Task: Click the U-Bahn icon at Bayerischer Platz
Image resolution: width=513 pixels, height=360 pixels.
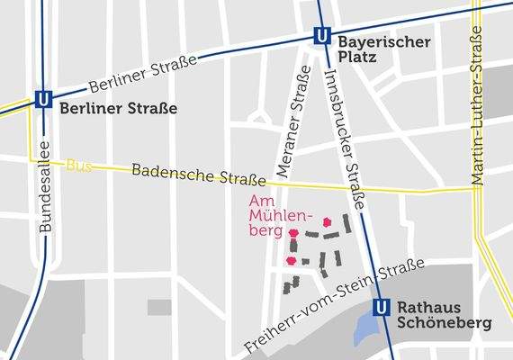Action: pos(320,37)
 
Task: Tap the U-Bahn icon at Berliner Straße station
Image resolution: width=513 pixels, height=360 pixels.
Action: pos(41,100)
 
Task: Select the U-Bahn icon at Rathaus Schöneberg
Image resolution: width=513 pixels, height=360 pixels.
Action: pos(382,307)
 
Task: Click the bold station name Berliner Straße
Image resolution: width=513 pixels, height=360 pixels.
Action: pos(118,109)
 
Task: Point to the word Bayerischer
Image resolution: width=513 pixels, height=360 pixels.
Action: pos(385,42)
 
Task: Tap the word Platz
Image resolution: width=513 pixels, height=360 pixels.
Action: pos(357,59)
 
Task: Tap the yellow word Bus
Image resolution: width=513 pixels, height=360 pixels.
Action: pos(79,166)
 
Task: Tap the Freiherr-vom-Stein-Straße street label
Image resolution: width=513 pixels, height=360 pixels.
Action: pos(334,306)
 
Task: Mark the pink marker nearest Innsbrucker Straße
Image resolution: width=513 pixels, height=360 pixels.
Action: pos(327,220)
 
